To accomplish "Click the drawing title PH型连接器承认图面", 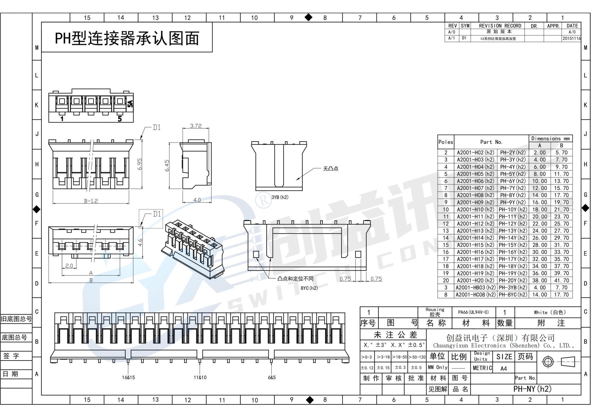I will click(x=127, y=38).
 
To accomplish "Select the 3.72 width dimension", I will click(x=196, y=126).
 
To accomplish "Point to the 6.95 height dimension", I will click(x=140, y=164).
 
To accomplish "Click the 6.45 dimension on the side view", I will click(x=167, y=165).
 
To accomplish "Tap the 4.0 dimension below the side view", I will click(x=197, y=200).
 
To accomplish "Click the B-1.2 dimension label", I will click(x=91, y=201).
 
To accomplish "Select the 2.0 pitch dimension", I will click(x=69, y=266).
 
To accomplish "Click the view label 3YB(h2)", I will click(x=280, y=197).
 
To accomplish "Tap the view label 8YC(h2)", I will click(x=309, y=288).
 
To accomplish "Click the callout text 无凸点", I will click(x=330, y=169).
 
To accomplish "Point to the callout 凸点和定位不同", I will click(x=295, y=279).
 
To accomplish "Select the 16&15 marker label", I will click(x=128, y=377).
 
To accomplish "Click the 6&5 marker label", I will click(x=272, y=377).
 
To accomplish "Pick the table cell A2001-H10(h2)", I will click(x=475, y=209).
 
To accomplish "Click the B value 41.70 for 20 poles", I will click(x=561, y=281).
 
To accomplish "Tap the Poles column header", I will click(x=446, y=142).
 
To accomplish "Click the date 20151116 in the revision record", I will click(x=571, y=39).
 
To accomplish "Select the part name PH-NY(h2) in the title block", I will click(x=532, y=389).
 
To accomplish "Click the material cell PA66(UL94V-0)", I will click(x=473, y=312).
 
